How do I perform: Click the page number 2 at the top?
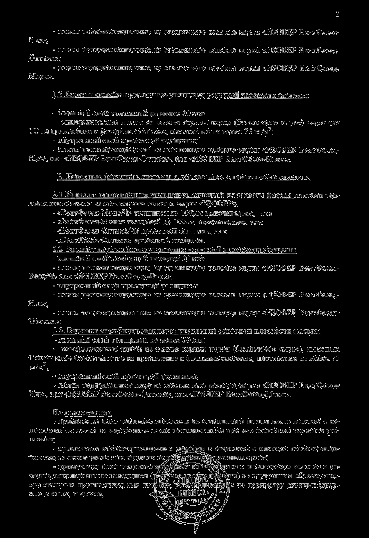(337, 15)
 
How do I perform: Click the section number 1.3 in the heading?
(57, 95)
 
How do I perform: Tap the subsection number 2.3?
(58, 332)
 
